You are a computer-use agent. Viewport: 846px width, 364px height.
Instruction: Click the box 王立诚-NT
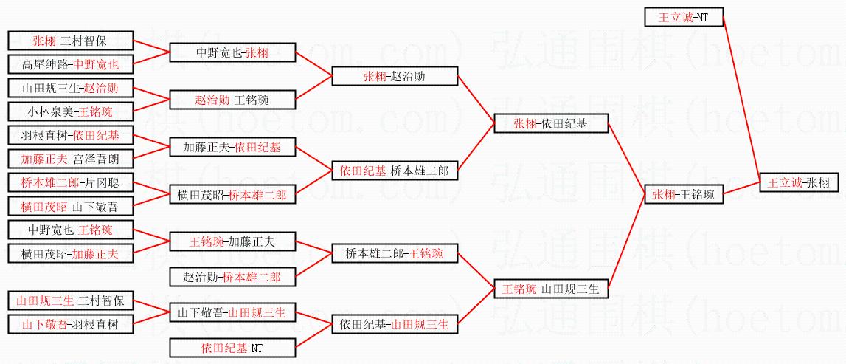click(x=684, y=17)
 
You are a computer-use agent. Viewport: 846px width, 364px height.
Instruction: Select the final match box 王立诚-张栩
click(x=799, y=182)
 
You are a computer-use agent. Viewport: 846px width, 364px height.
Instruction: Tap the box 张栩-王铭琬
click(x=684, y=195)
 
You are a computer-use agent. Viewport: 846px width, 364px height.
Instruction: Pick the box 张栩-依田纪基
click(x=551, y=124)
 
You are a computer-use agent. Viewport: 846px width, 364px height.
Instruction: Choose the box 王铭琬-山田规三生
click(x=551, y=289)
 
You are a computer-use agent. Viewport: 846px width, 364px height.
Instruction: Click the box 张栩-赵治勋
click(x=395, y=76)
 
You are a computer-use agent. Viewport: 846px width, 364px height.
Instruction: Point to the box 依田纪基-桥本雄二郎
click(x=395, y=171)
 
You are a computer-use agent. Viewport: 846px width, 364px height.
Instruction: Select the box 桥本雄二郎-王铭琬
click(x=395, y=254)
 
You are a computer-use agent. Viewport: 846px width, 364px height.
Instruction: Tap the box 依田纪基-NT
click(x=233, y=347)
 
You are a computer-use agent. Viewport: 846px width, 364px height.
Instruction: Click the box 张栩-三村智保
click(x=70, y=41)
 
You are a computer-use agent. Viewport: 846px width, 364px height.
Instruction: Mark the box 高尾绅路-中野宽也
click(x=70, y=64)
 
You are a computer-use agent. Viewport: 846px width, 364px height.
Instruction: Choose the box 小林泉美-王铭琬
click(x=70, y=111)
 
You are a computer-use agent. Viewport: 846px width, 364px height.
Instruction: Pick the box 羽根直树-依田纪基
click(x=70, y=136)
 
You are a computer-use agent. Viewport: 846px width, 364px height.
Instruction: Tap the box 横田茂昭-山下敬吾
click(x=70, y=206)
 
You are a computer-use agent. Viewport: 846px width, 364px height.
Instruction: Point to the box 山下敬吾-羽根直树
click(x=70, y=323)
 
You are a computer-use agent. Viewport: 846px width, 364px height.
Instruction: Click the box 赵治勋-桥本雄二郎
click(x=233, y=278)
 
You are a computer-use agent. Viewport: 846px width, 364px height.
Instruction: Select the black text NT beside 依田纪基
click(x=256, y=347)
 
